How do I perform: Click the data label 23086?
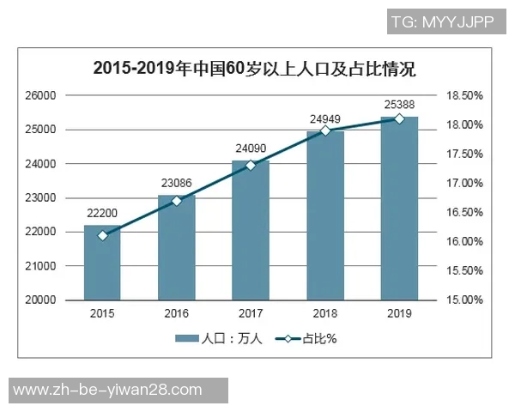click(177, 182)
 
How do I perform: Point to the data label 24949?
click(325, 118)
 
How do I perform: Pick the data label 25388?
click(399, 104)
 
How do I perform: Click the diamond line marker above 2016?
click(177, 201)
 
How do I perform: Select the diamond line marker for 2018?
click(325, 130)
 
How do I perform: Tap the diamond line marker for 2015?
click(102, 235)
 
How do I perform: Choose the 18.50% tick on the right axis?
click(464, 95)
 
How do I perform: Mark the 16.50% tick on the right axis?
click(464, 212)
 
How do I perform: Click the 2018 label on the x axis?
click(325, 314)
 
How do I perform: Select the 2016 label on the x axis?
click(177, 314)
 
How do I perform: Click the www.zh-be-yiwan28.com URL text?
click(108, 391)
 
